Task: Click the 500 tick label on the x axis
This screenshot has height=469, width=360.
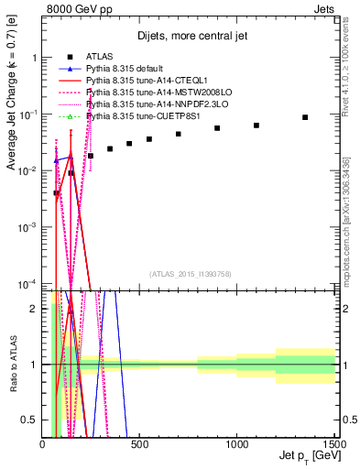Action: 139,446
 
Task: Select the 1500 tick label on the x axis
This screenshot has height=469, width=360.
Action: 332,446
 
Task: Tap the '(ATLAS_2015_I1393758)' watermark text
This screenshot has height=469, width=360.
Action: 191,274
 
